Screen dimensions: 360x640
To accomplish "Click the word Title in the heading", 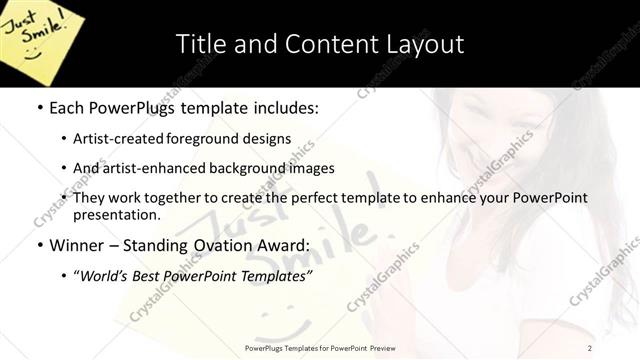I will (x=200, y=44).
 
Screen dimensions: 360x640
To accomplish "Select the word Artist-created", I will (x=117, y=139).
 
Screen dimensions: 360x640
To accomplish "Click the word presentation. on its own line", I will (x=116, y=214).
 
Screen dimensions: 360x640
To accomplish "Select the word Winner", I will (x=78, y=244).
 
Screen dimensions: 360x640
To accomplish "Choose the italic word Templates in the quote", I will (x=275, y=275).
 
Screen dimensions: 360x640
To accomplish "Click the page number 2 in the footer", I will (x=590, y=347).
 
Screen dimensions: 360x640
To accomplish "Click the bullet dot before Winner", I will (x=39, y=245).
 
